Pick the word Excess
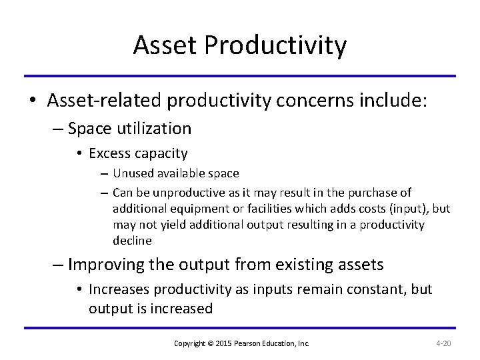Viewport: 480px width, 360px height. (110, 154)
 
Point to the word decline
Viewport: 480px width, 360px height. (132, 241)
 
